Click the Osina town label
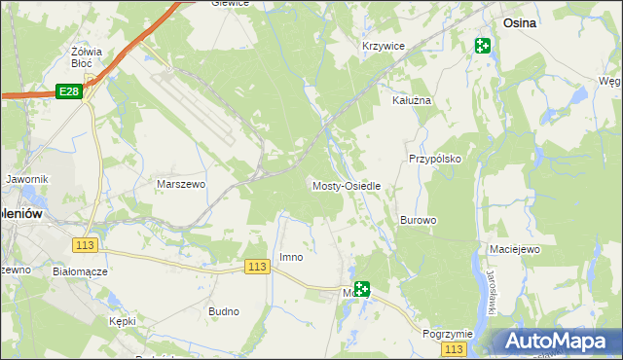coord(523,21)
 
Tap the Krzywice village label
coord(383,47)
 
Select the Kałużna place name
coord(411,100)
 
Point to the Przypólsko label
coord(433,158)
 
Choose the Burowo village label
coord(418,221)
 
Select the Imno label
coord(291,257)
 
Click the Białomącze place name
coord(80,272)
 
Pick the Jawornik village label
coord(26,180)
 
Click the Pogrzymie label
coord(447,334)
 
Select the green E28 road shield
coord(67,90)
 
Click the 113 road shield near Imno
coord(257,267)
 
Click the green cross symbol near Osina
coord(483,45)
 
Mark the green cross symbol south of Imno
coord(361,288)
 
